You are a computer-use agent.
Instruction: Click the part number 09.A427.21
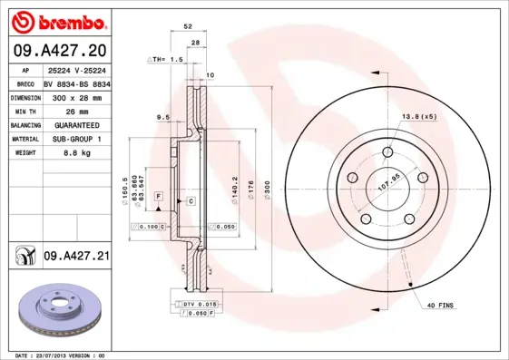77,258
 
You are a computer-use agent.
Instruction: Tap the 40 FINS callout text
439,305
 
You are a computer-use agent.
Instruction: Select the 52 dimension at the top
188,28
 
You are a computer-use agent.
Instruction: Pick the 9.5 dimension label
163,117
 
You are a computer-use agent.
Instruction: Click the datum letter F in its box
158,196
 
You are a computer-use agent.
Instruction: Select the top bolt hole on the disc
388,151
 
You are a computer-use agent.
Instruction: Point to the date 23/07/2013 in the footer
54,355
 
